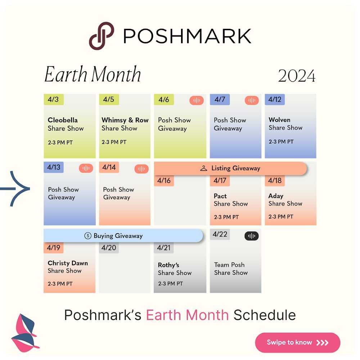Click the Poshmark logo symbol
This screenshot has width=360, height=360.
(x=102, y=36)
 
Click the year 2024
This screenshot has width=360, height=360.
(x=297, y=76)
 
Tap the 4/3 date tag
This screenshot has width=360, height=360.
(x=54, y=99)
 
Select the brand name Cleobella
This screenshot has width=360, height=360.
(x=63, y=120)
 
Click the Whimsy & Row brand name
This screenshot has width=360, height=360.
(x=125, y=120)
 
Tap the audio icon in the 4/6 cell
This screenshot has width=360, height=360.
(x=197, y=100)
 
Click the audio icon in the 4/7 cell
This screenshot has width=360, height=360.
(x=252, y=100)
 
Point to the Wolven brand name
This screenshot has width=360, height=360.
(x=279, y=120)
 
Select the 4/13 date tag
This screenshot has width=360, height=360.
(x=54, y=167)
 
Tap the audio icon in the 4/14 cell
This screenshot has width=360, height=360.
(x=141, y=169)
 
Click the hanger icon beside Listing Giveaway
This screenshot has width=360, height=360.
(x=204, y=168)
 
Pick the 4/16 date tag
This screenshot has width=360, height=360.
(x=164, y=180)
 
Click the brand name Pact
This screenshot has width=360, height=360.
(x=220, y=196)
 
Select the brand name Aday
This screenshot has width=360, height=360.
(x=276, y=196)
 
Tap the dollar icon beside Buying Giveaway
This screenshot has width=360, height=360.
(x=88, y=236)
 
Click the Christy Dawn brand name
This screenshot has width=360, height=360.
(x=68, y=263)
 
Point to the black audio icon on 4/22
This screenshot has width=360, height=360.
(x=252, y=236)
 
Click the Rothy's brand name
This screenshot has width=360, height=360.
(x=168, y=265)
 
